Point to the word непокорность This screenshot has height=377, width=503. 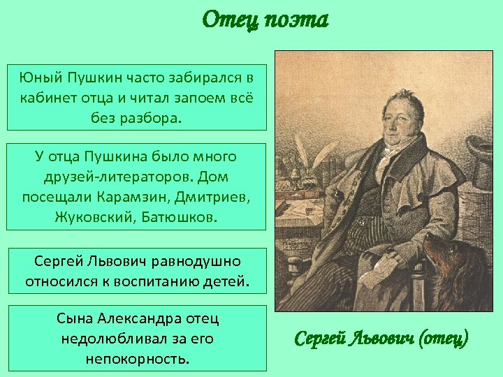click(x=138, y=359)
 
